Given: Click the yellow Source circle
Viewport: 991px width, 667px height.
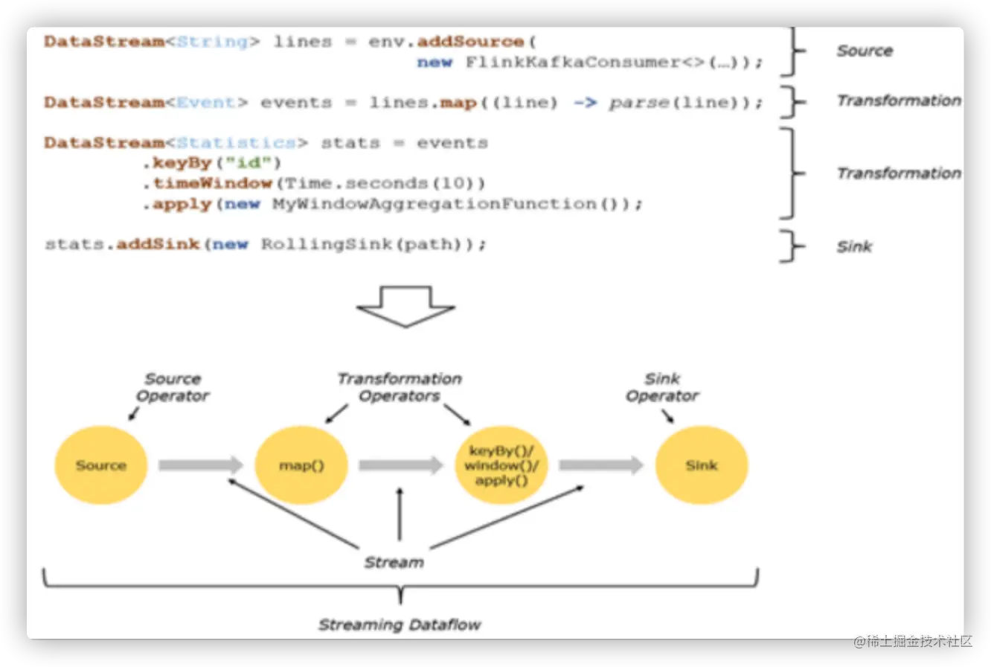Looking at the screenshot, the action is [101, 465].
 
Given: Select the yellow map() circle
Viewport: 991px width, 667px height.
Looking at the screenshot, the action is [301, 465].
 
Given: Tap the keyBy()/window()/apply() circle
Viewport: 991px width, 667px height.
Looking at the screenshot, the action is [501, 465].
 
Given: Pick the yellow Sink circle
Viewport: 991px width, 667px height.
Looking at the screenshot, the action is [702, 465].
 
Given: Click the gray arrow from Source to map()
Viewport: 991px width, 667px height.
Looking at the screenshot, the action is [201, 465].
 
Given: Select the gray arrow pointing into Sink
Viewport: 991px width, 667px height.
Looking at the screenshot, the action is [601, 465].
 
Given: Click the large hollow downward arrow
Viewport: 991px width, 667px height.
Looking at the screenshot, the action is [405, 307].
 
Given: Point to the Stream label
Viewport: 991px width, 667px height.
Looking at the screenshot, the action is [394, 562].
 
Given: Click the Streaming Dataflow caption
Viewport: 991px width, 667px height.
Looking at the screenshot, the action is [400, 625].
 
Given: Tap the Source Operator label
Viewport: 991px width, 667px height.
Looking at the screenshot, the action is [173, 387].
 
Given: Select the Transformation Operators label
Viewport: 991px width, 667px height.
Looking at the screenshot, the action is [399, 387].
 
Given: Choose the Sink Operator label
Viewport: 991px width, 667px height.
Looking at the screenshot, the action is [662, 387].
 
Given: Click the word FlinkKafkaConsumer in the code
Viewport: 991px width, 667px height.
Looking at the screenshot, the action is [573, 62].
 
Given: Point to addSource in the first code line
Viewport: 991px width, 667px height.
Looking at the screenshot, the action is [470, 42].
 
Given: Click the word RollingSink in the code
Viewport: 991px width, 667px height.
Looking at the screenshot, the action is [327, 244].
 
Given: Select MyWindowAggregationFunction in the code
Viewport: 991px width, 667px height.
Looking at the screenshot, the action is [434, 203].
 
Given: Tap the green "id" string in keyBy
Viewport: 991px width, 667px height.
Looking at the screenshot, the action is [248, 163].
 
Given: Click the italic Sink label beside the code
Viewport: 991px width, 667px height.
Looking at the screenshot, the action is [854, 246].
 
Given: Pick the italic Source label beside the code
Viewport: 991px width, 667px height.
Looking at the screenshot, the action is [865, 51].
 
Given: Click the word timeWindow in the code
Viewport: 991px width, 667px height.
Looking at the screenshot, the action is [212, 183].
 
